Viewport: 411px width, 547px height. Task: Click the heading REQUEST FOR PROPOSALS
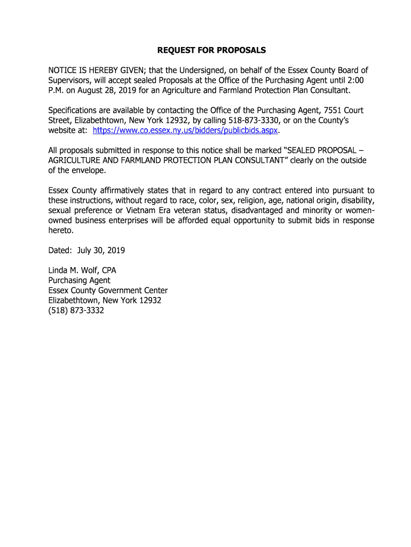click(211, 51)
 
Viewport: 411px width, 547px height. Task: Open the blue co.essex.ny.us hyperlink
click(186, 130)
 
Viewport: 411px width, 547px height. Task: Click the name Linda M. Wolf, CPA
click(82, 270)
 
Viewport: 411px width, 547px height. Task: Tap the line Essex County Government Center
click(108, 291)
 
